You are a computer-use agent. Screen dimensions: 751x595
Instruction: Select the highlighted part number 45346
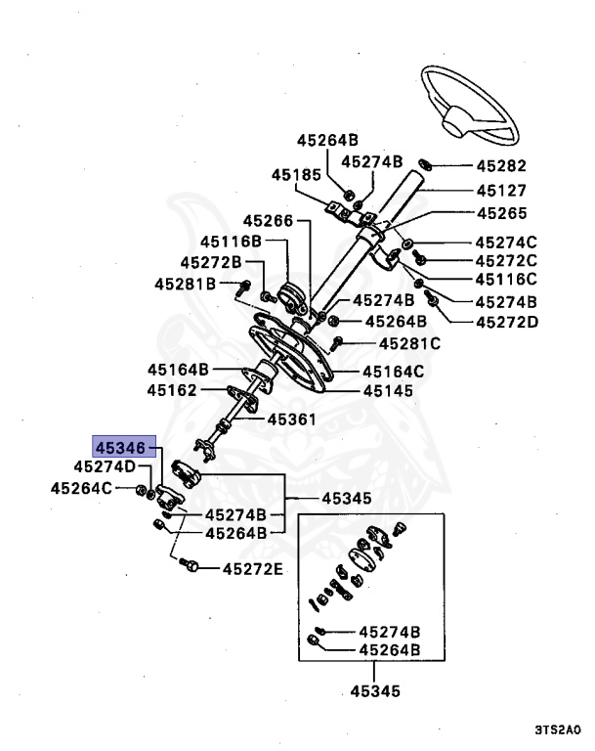[x=121, y=446]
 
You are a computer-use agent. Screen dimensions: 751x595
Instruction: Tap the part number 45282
[x=501, y=166]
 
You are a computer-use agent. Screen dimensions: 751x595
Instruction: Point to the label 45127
[x=501, y=191]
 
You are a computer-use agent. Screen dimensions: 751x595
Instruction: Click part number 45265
[x=501, y=212]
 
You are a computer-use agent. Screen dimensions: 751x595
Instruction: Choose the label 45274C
[x=506, y=242]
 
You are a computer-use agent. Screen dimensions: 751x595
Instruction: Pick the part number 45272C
[x=506, y=260]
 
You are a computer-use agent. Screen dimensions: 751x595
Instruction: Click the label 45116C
[x=506, y=280]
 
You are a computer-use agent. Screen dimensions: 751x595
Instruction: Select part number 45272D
[x=506, y=321]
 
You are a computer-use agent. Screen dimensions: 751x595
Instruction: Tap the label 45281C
[x=409, y=343]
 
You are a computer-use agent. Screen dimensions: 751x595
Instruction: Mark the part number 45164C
[x=393, y=371]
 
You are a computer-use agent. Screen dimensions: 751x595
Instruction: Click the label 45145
[x=388, y=390]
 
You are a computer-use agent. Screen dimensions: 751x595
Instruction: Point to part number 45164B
[x=179, y=370]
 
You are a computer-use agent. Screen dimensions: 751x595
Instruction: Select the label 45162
[x=172, y=389]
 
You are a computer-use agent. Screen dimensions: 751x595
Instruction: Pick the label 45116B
[x=232, y=241]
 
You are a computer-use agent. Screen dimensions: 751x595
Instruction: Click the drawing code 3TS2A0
[x=557, y=729]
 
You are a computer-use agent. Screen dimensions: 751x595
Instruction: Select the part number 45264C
[x=82, y=486]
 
